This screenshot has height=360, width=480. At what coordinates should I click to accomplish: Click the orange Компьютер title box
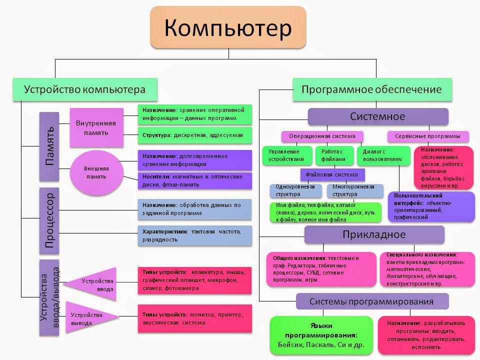tap(228, 27)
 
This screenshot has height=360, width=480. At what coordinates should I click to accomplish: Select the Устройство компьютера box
tap(84, 90)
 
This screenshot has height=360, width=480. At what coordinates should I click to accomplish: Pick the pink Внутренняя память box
tap(96, 127)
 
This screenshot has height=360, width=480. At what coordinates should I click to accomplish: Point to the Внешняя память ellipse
tap(96, 172)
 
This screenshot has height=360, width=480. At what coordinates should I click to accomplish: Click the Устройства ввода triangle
tap(95, 284)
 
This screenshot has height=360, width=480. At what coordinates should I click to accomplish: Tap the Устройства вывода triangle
tap(90, 318)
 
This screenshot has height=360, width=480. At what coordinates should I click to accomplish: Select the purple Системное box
tap(377, 116)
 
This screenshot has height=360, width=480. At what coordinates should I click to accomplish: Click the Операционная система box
tap(322, 136)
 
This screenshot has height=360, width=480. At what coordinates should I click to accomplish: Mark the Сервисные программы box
tap(428, 136)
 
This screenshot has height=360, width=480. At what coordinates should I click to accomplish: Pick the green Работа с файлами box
tap(333, 155)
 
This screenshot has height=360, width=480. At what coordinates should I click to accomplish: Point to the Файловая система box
tap(332, 175)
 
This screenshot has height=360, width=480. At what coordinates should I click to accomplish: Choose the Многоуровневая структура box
tap(355, 191)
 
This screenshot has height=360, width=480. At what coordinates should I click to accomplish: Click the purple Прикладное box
tap(374, 234)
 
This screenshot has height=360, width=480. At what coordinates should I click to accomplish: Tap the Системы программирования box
tap(372, 301)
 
